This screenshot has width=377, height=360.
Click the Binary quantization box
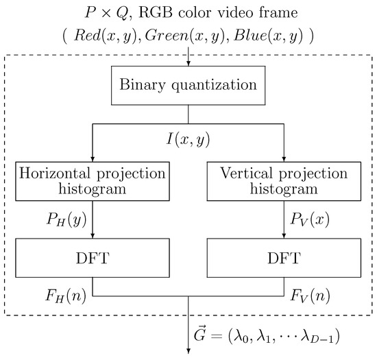188,86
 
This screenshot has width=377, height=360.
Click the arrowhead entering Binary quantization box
188,67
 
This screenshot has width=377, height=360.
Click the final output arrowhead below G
188,354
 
